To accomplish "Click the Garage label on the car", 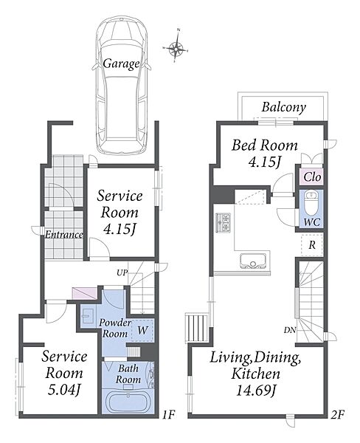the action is point(121,63).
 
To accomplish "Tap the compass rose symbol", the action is point(176,49).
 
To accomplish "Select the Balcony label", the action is point(283,107).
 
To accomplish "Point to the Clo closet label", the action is point(312,177).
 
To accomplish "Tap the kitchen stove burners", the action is point(224,222).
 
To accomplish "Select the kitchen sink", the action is point(253,261).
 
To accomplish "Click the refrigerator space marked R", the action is point(312,245).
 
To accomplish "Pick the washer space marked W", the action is point(142,330).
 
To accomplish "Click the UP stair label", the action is point(122,273).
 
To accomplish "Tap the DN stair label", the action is point(290,330).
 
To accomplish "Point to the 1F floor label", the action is point(169,415).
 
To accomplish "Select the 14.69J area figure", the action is point(255,391).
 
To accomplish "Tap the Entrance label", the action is point(64,235).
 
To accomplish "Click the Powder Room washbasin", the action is point(88,315).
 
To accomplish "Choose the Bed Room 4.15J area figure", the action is point(264,162).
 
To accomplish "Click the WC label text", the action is point(312,222).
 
